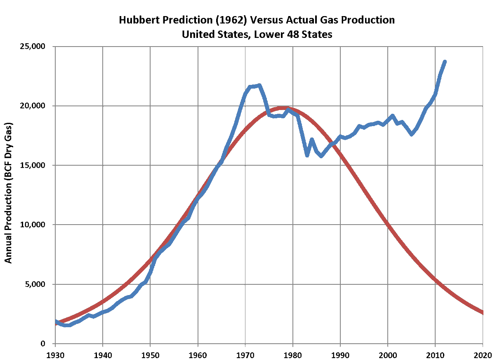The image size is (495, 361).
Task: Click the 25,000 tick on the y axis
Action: [x=34, y=46]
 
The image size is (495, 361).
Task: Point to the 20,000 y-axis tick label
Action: [x=34, y=106]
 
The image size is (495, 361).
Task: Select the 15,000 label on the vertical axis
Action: [x=34, y=165]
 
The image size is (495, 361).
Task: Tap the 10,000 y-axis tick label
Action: [x=34, y=225]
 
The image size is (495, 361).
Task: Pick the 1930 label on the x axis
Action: [x=55, y=354]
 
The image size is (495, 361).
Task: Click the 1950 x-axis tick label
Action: [x=150, y=354]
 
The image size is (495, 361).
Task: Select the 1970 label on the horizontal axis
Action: [x=245, y=354]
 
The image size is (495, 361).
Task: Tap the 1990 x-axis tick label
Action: [x=340, y=354]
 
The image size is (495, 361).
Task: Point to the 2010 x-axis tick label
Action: [x=435, y=354]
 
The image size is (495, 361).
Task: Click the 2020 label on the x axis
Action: [x=483, y=354]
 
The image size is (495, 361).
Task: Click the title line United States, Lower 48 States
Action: [x=257, y=35]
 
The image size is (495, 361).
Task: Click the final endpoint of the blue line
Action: [x=445, y=61]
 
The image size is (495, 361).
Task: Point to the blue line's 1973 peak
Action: [x=259, y=86]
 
